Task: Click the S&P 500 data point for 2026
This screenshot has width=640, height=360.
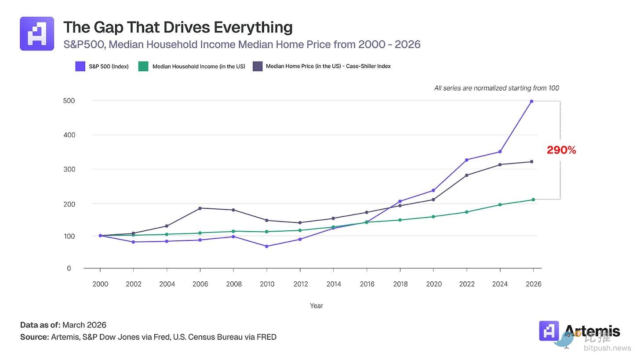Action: pyautogui.click(x=531, y=102)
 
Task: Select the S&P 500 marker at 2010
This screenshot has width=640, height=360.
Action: pyautogui.click(x=267, y=246)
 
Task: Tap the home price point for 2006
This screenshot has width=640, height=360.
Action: pyautogui.click(x=200, y=208)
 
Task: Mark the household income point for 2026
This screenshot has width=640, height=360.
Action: pyautogui.click(x=533, y=200)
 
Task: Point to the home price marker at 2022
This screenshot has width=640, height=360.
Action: pyautogui.click(x=466, y=175)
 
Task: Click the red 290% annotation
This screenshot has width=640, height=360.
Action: pyautogui.click(x=561, y=150)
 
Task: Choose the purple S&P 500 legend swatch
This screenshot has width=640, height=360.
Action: pyautogui.click(x=80, y=66)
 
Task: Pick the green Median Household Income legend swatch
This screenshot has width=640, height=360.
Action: pyautogui.click(x=143, y=66)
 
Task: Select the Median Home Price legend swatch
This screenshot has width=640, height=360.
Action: pyautogui.click(x=258, y=66)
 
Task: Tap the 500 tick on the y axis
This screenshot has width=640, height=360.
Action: pyautogui.click(x=69, y=101)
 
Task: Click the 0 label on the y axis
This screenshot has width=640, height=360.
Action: pyautogui.click(x=69, y=268)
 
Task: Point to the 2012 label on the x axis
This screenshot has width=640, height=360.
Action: pyautogui.click(x=300, y=284)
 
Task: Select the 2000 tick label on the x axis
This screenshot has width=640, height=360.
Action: pyautogui.click(x=100, y=284)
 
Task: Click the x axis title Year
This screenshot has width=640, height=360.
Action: pyautogui.click(x=316, y=305)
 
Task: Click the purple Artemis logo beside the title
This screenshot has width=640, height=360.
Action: pyautogui.click(x=37, y=34)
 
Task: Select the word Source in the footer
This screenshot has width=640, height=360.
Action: pyautogui.click(x=34, y=337)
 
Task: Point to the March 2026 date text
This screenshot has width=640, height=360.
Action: pyautogui.click(x=84, y=325)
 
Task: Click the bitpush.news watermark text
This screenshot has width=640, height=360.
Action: pyautogui.click(x=607, y=348)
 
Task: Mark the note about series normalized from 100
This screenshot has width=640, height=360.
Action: pyautogui.click(x=497, y=88)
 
